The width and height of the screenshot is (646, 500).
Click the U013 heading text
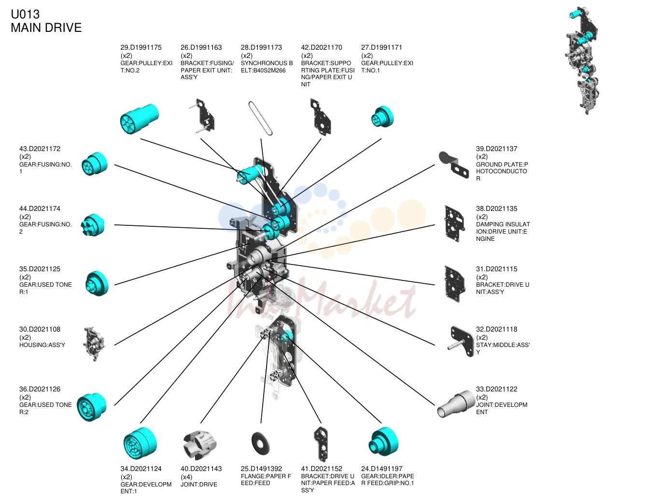tap(25, 14)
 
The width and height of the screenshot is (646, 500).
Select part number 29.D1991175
tap(141, 47)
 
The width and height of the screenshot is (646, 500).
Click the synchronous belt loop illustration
tap(260, 118)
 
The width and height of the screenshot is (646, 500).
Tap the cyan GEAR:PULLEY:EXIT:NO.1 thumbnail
tap(382, 117)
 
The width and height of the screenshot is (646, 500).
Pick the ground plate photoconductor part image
tap(454, 165)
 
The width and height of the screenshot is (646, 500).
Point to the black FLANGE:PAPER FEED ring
tap(260, 444)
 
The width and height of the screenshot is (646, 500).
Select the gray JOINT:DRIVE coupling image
tap(200, 445)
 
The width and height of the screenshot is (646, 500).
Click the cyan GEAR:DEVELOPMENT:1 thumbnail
tap(140, 443)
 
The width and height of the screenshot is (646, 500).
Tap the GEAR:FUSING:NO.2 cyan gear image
tap(93, 225)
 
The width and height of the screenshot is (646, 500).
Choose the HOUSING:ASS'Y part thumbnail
tap(95, 344)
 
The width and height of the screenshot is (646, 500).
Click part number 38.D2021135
tap(496, 209)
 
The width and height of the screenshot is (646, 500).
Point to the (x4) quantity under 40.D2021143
tap(186, 477)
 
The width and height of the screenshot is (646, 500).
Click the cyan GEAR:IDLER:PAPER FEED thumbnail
tap(383, 442)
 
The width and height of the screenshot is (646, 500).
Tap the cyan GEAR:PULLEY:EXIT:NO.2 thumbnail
tap(140, 119)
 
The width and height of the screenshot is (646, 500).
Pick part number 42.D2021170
tap(322, 47)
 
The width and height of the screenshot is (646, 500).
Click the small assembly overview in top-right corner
tap(581, 61)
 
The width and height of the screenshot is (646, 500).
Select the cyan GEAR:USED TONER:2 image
tap(92, 407)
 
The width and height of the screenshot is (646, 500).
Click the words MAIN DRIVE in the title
tap(46, 28)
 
